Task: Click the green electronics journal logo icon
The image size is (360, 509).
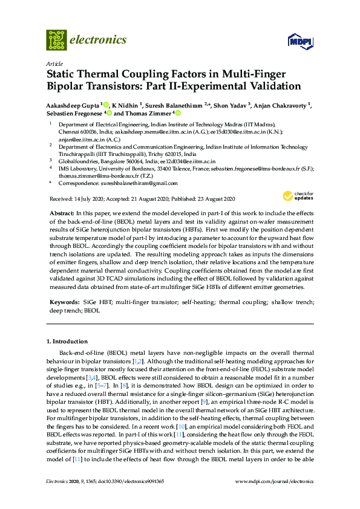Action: pyautogui.click(x=56, y=40)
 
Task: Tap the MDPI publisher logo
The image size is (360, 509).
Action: pyautogui.click(x=300, y=42)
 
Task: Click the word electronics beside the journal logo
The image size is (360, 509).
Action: pyautogui.click(x=99, y=40)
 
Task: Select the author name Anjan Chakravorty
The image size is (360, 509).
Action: pyautogui.click(x=279, y=105)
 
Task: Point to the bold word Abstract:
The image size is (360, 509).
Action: pyautogui.click(x=61, y=214)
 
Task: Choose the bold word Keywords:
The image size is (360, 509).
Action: pyautogui.click(x=64, y=301)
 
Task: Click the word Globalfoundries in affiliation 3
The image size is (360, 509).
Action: pyautogui.click(x=76, y=162)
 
